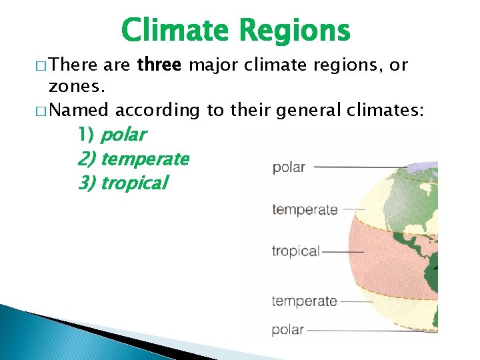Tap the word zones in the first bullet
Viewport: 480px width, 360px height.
coord(75,87)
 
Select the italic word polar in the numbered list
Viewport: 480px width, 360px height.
coord(123,135)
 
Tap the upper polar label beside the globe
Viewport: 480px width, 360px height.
coord(289,167)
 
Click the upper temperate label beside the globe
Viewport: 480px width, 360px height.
coord(305,210)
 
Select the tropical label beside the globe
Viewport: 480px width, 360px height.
coord(296,251)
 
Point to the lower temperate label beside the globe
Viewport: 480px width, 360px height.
coord(304,301)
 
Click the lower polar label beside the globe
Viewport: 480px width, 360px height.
coord(288,329)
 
